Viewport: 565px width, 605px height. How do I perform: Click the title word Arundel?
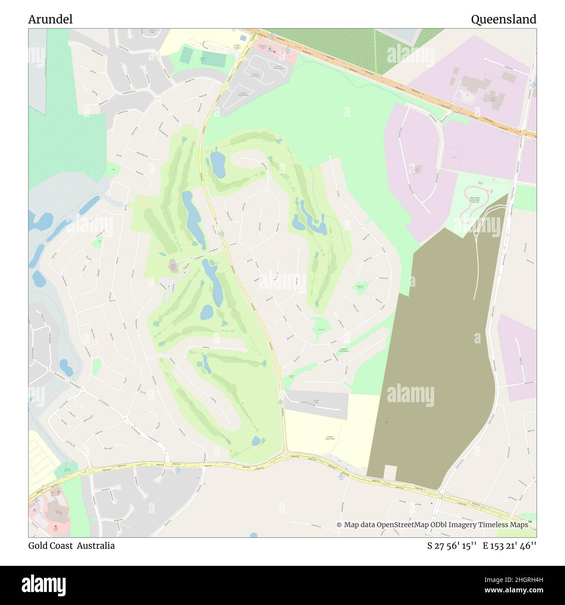point(50,20)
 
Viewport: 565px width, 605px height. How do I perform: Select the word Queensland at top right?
point(503,20)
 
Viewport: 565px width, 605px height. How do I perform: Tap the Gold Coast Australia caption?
point(71,546)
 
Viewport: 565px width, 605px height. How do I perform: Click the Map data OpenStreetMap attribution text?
point(432,525)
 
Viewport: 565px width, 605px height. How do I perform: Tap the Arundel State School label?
point(331,438)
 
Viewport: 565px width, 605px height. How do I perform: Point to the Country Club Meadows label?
point(243,94)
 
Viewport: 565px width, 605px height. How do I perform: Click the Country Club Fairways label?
point(278,67)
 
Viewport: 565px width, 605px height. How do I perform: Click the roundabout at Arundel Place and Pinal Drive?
point(226,247)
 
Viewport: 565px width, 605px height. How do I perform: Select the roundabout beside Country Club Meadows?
point(225,87)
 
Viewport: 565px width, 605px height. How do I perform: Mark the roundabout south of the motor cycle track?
point(476,233)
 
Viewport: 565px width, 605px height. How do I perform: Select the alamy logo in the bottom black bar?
point(43,585)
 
